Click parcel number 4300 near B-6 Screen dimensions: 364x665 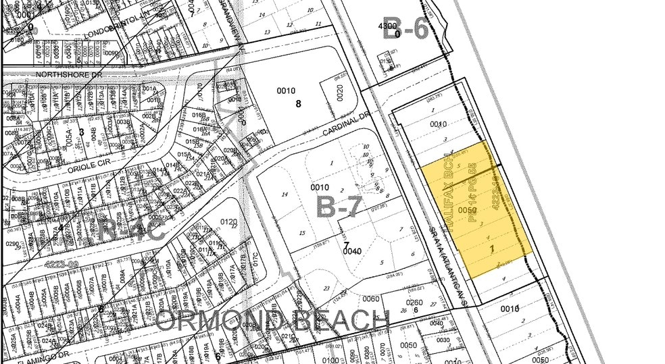[388, 26]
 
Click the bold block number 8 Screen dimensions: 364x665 [297, 104]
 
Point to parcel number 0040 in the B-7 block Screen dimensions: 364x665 [352, 251]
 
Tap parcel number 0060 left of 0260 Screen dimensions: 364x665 [371, 298]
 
